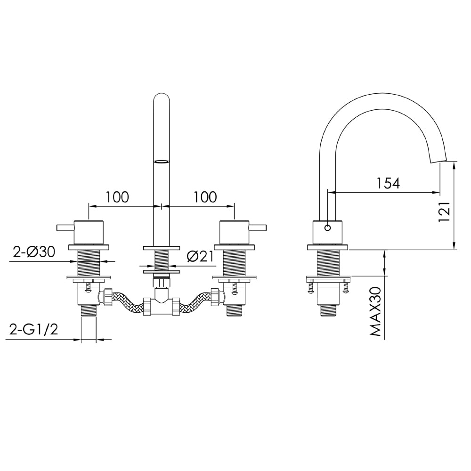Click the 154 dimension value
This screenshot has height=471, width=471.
[388, 183]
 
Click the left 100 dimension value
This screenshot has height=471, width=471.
[117, 197]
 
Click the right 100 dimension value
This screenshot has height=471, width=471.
[205, 197]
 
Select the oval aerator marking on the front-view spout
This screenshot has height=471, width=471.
[161, 162]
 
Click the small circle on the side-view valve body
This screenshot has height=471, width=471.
[328, 228]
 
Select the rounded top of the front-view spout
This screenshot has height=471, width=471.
[162, 99]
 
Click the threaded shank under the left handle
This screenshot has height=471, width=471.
[89, 262]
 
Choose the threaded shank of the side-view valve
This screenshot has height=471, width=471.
[328, 262]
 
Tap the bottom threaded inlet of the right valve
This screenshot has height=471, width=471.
[234, 310]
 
